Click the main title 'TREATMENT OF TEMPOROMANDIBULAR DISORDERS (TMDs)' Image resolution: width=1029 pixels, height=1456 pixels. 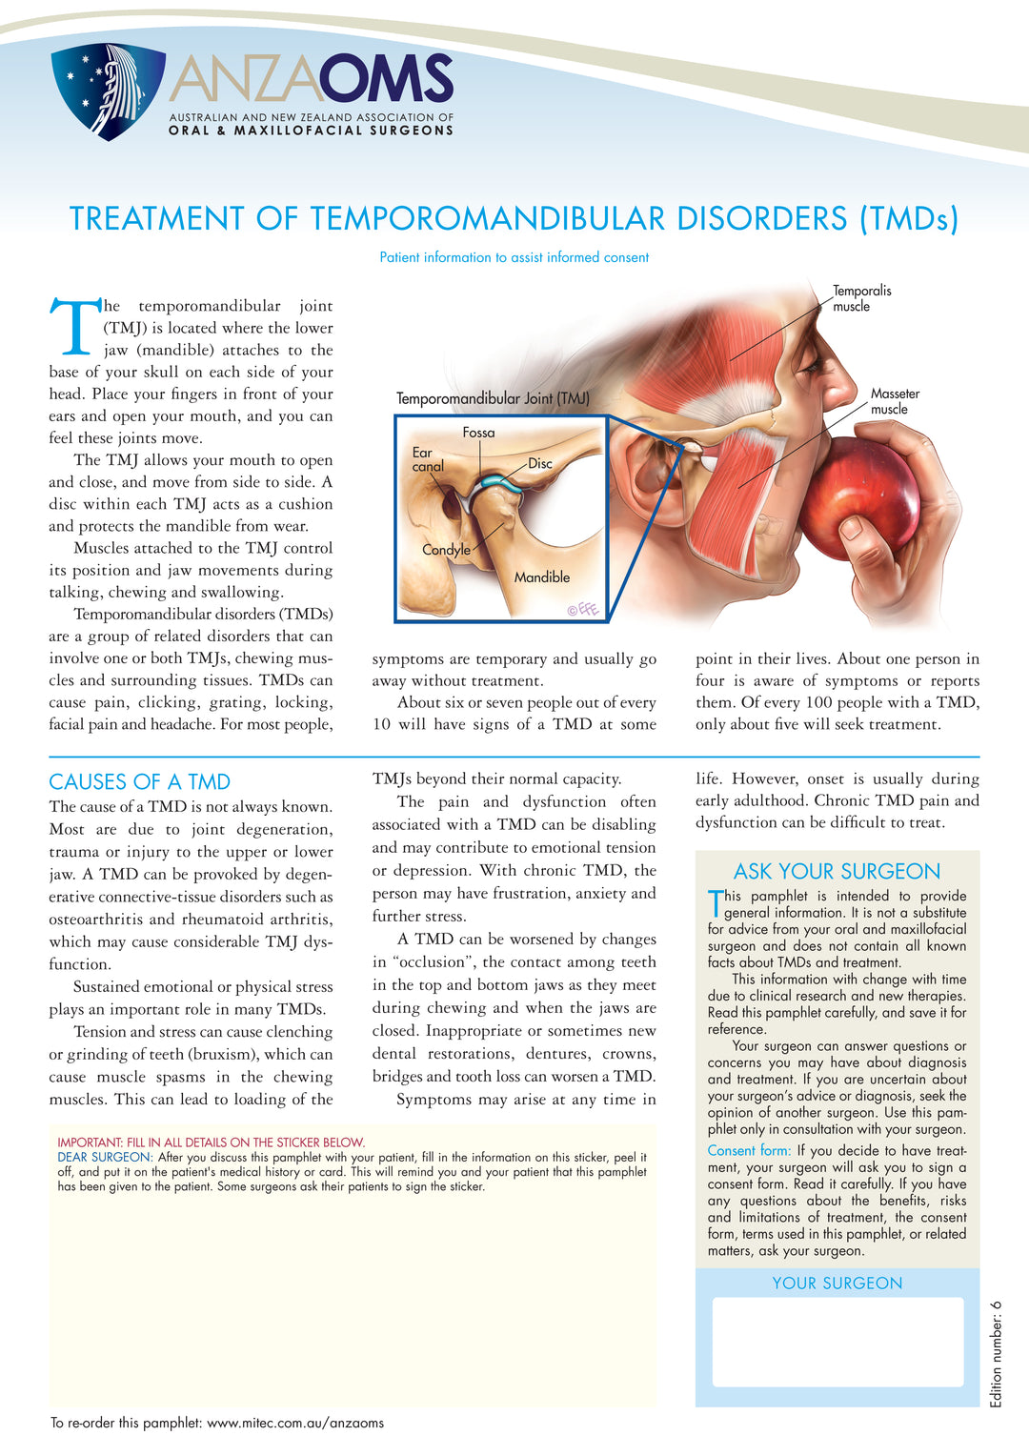click(x=514, y=218)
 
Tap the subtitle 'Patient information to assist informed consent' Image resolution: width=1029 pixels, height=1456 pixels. click(x=514, y=257)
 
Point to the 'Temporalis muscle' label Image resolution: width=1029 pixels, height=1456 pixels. click(x=860, y=298)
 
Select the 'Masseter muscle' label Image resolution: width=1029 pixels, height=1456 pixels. click(x=895, y=401)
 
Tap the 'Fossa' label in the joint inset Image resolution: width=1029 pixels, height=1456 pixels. click(x=478, y=433)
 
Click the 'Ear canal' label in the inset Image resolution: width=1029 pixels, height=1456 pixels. click(x=427, y=459)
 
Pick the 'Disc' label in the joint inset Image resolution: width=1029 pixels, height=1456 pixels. click(x=540, y=464)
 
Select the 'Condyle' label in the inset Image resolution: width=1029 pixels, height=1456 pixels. click(x=446, y=550)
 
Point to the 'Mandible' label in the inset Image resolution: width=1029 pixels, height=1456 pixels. click(x=542, y=577)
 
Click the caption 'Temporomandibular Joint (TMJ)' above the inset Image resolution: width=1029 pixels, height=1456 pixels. click(x=493, y=398)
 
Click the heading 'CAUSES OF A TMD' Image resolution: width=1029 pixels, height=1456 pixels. click(x=139, y=782)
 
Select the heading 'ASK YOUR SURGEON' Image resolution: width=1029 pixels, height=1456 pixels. click(x=837, y=871)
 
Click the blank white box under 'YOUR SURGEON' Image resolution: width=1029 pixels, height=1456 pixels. click(x=837, y=1342)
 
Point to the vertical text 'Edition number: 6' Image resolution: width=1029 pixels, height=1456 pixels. click(x=997, y=1354)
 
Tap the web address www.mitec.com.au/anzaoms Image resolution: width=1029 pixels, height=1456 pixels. click(x=295, y=1423)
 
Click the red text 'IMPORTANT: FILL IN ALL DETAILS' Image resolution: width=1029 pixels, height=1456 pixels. click(x=211, y=1143)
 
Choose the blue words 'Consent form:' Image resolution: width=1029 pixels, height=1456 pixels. click(x=749, y=1151)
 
